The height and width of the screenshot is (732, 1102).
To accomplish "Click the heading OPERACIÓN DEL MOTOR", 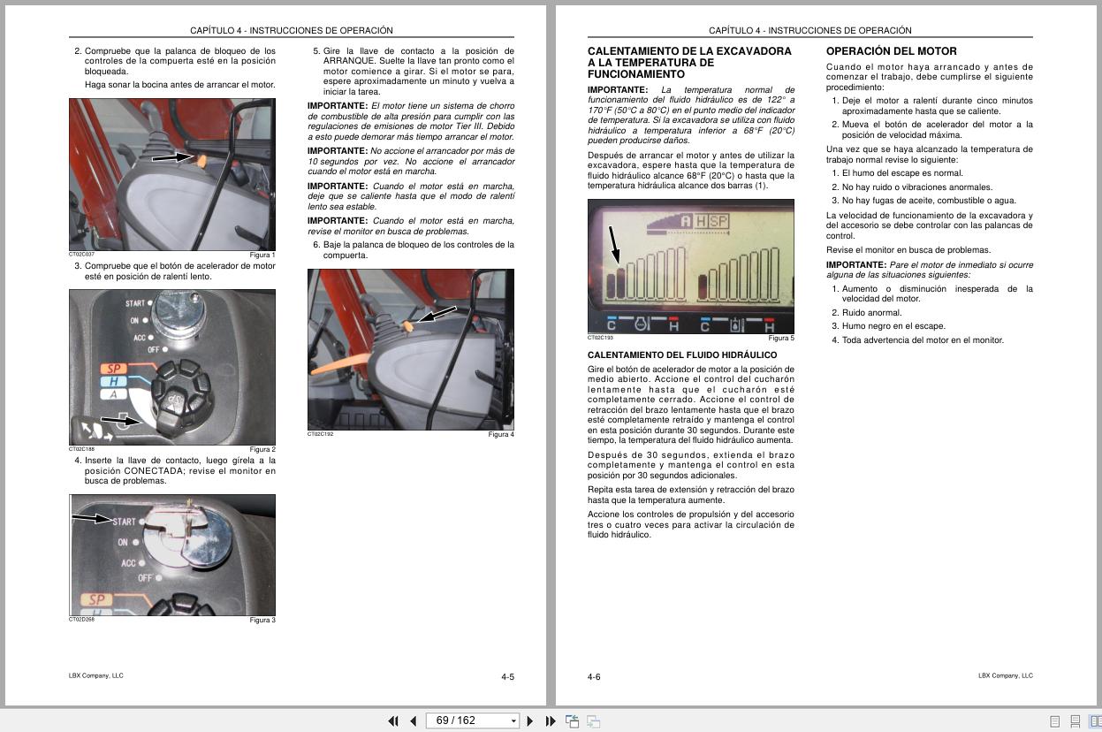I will click(x=891, y=51).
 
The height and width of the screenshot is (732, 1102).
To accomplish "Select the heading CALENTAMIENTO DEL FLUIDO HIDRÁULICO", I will click(x=682, y=355).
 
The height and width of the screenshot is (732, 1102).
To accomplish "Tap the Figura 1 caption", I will click(x=262, y=255).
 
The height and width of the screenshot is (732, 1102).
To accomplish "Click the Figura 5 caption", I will click(x=780, y=339).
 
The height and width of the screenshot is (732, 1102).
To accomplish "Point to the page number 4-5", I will click(x=507, y=677).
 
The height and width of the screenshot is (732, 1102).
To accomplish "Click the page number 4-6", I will click(x=594, y=677).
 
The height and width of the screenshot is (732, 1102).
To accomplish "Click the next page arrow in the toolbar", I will click(x=530, y=721).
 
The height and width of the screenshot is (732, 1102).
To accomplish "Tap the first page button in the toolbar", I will click(x=393, y=721).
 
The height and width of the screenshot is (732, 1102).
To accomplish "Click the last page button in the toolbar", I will click(x=551, y=721).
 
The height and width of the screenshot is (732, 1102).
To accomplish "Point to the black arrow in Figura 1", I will click(x=171, y=157).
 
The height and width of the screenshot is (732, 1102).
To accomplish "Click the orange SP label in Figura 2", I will click(x=114, y=369).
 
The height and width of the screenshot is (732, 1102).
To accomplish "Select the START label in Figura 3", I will click(x=123, y=522).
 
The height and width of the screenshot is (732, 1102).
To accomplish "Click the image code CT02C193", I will click(x=600, y=338).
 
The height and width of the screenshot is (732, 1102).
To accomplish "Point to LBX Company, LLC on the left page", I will click(x=96, y=676).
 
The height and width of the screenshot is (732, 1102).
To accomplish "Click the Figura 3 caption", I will click(x=262, y=621).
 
